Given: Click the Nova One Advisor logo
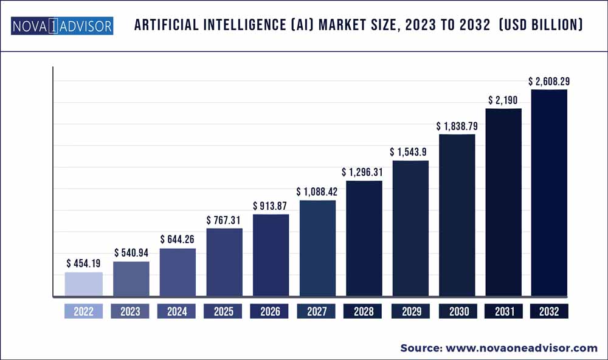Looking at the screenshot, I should (62, 26).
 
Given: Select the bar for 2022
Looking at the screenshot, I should (84, 285).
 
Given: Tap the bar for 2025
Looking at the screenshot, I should (224, 263).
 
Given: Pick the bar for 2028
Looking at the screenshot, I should (364, 239).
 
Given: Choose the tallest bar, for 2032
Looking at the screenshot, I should (549, 193).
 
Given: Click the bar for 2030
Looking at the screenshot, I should (457, 216).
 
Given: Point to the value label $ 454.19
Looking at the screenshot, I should (85, 264).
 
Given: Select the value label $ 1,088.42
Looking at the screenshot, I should (317, 192).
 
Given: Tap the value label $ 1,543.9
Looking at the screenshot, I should (410, 152).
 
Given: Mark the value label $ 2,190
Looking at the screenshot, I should (503, 100).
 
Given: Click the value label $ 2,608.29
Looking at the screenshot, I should (549, 81).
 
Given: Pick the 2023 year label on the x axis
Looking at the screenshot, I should (131, 312).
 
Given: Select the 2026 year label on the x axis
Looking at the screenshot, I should (271, 312).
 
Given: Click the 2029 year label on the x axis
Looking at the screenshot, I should (410, 312).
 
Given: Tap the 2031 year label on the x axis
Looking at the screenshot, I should (503, 312).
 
